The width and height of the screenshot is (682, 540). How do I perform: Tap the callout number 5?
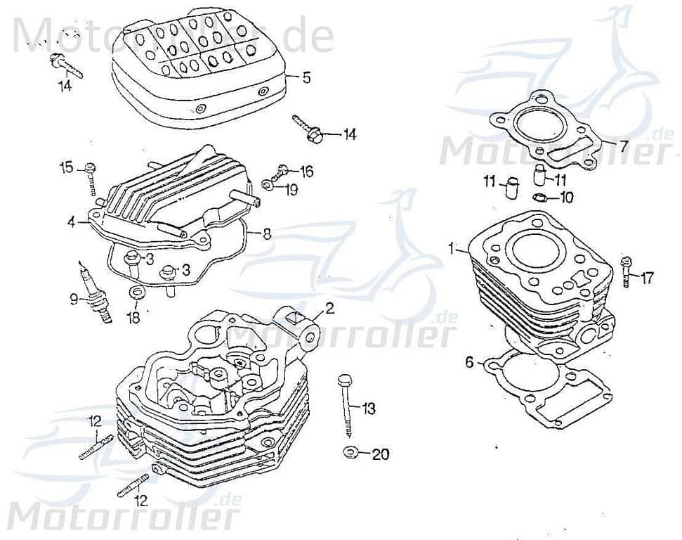tap(306, 77)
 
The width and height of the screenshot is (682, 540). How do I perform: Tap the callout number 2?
tap(329, 308)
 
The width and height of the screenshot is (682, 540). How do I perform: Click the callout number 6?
tap(469, 362)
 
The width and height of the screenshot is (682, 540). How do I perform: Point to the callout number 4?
tap(72, 221)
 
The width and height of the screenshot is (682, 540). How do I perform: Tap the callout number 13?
tap(369, 408)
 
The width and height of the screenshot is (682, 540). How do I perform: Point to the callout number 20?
tap(379, 454)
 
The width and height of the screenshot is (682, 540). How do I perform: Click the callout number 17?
tap(647, 278)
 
